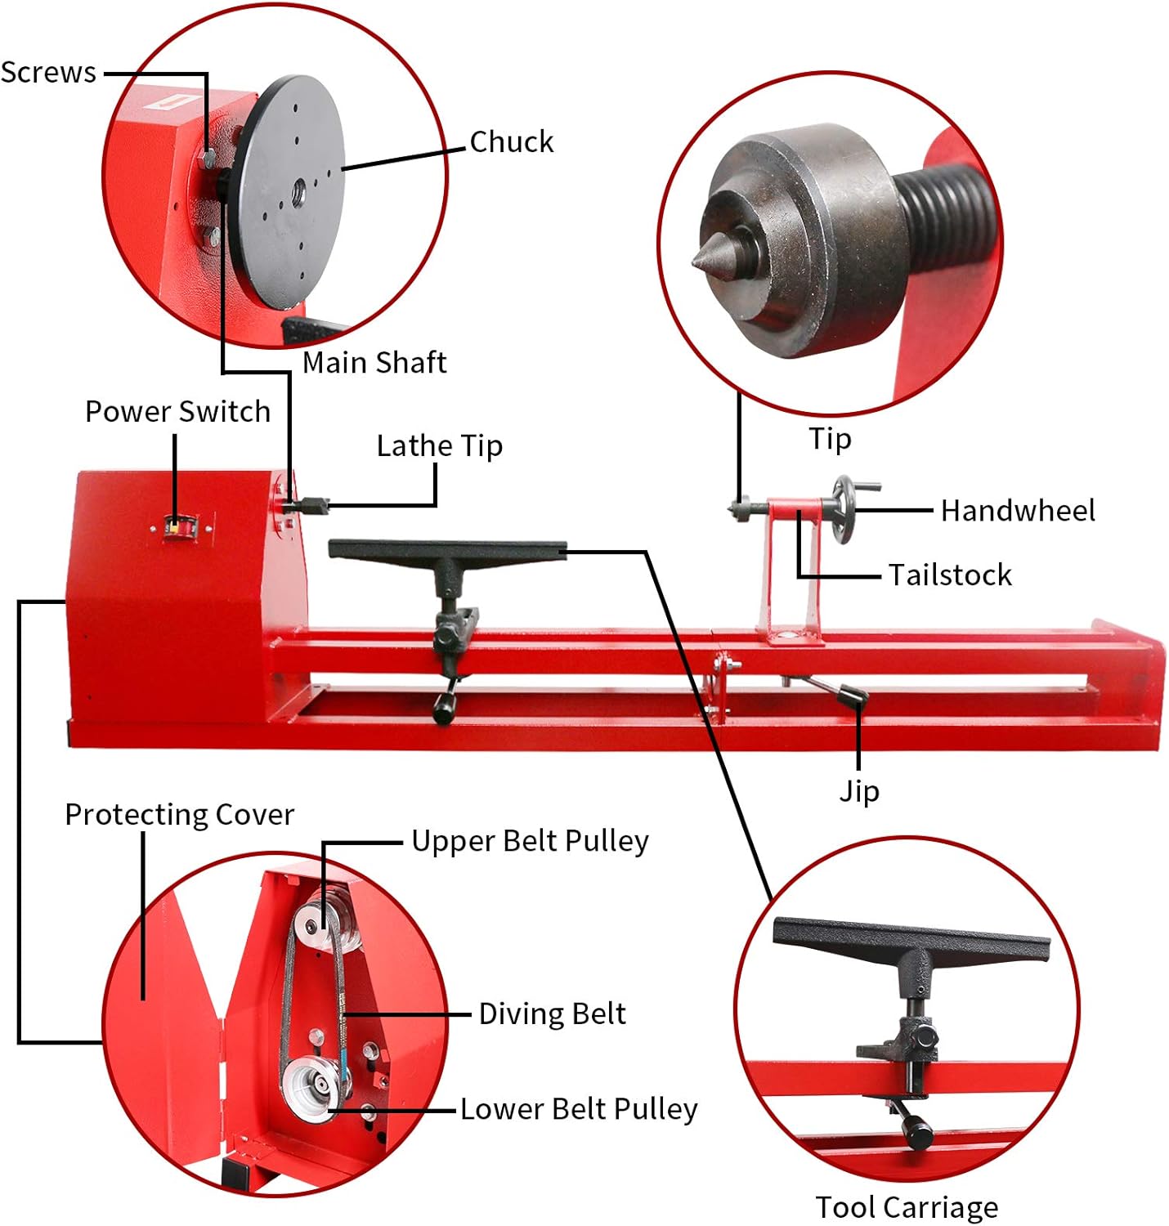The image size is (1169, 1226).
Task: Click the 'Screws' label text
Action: coord(48,73)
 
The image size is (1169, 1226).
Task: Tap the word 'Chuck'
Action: coord(511,141)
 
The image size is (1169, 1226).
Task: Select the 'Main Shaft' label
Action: coord(374,362)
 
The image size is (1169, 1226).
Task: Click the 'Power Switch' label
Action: coord(177,411)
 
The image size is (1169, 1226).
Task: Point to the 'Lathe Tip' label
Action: coord(439,445)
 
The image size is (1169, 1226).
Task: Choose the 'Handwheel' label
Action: coord(1017,511)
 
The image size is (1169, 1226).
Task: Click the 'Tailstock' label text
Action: coord(950,575)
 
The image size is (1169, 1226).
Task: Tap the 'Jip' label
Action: coord(859,790)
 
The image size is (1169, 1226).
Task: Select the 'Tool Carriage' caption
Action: coord(907,1206)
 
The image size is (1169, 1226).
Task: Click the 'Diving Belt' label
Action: coord(552,1013)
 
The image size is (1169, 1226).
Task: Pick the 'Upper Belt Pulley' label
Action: coord(530,840)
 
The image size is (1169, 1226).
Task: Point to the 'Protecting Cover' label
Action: coord(179,814)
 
